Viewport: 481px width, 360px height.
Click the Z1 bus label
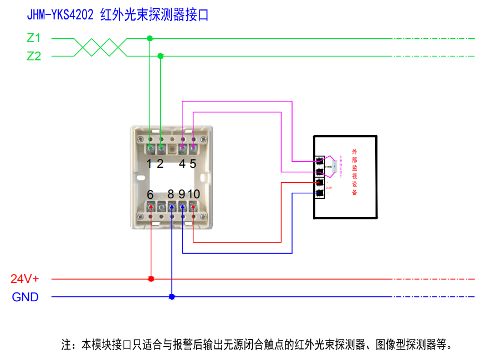pos(34,38)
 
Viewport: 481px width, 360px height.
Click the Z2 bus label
pos(34,56)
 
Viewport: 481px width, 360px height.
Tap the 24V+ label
pos(25,279)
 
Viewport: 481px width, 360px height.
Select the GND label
pos(25,297)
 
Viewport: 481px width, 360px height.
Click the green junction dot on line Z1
pos(150,38)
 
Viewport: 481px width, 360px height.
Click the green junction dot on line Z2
pos(161,56)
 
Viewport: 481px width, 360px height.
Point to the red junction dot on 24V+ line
pos(151,279)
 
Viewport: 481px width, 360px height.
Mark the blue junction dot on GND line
pos(172,297)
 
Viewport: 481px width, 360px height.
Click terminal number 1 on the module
pos(149,163)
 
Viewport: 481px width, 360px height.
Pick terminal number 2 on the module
pos(160,163)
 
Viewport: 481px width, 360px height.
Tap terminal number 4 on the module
pos(182,163)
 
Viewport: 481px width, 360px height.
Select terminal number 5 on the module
pos(193,163)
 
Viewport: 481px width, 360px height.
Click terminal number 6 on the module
pos(150,194)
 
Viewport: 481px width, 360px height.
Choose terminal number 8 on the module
pos(171,194)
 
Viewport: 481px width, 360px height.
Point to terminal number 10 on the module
pos(193,194)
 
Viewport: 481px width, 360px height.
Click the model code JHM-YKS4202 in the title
pos(60,15)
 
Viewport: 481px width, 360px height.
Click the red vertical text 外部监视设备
pos(355,172)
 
